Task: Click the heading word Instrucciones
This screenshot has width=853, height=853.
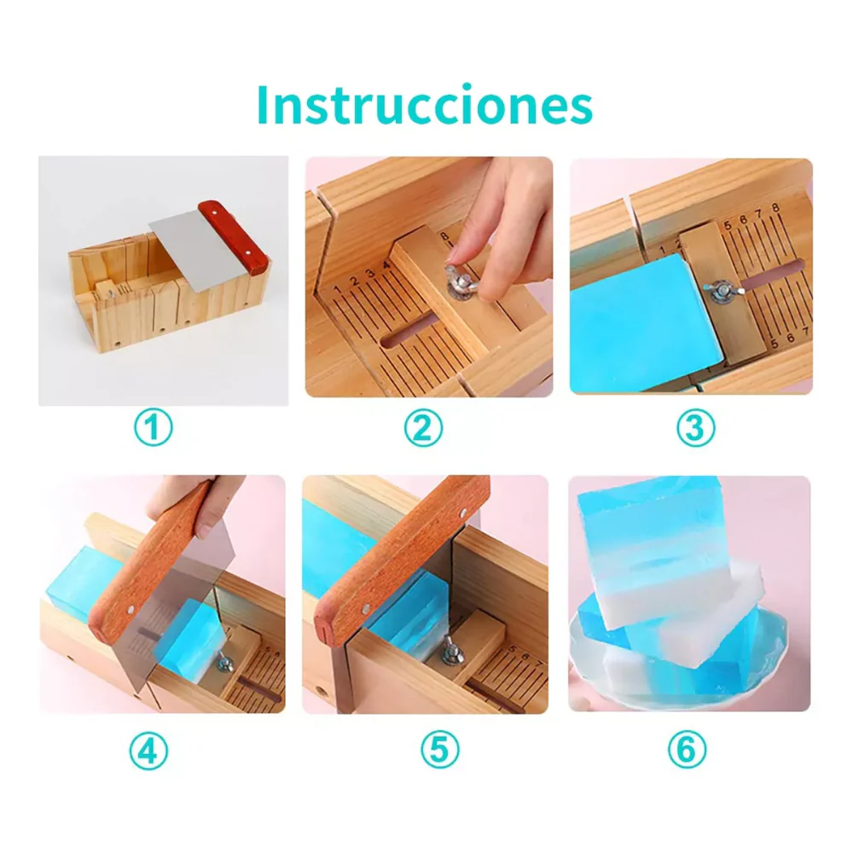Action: tap(424, 104)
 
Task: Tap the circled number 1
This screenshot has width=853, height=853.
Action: tap(154, 428)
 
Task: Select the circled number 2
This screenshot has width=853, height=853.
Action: tap(423, 428)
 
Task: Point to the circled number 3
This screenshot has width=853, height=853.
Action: tap(695, 428)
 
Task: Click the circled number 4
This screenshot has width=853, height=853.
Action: tap(148, 751)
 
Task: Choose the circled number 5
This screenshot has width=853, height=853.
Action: tap(440, 750)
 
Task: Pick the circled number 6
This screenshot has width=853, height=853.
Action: tap(687, 750)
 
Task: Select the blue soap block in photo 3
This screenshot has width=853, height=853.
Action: tap(646, 322)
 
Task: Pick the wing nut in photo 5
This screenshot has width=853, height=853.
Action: tap(451, 651)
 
